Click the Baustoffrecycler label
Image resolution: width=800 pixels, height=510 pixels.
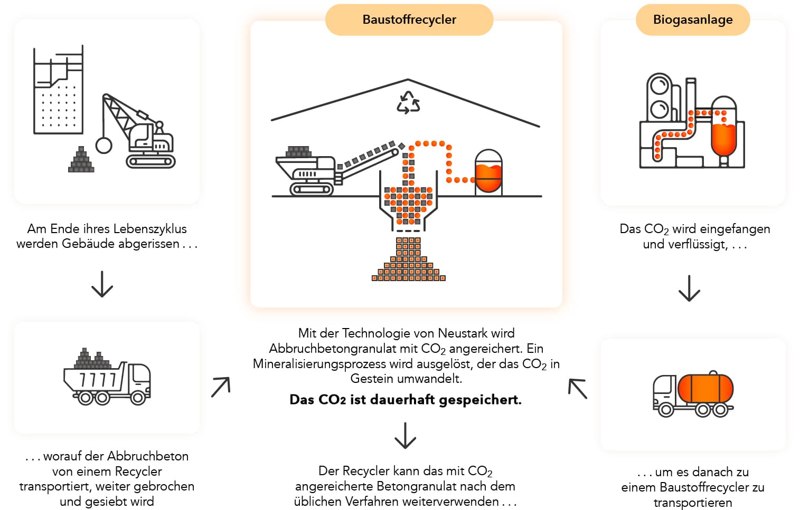tap(409, 20)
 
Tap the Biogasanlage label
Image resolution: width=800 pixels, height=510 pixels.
tap(692, 20)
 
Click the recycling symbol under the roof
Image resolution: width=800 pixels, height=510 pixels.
tap(408, 102)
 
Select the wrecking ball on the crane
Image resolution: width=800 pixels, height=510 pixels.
tap(103, 145)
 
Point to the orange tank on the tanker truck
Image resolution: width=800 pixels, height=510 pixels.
tap(705, 388)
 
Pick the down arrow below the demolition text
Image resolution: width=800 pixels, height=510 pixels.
tap(102, 284)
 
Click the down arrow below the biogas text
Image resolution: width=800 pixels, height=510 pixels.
tap(689, 288)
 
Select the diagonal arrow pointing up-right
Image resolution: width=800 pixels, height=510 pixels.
tap(221, 387)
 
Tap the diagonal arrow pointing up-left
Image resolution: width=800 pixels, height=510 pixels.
tap(578, 389)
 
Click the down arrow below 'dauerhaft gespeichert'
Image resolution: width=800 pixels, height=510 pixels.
tap(405, 435)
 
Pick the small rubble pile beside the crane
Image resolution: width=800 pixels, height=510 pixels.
tap(81, 160)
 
